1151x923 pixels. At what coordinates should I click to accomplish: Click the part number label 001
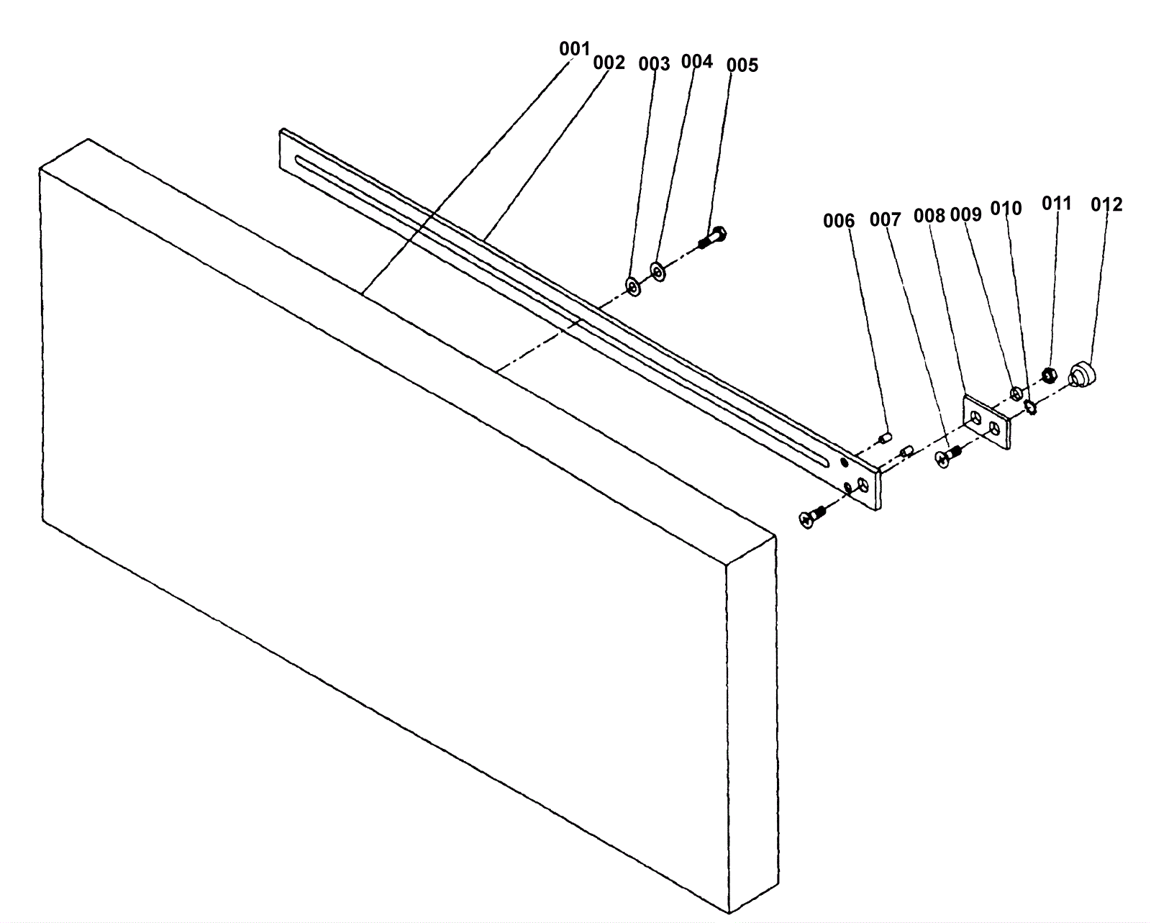point(574,49)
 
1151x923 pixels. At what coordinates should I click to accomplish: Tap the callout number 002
point(609,63)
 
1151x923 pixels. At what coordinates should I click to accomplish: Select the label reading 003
point(654,64)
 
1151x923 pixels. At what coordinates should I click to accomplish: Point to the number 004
point(696,61)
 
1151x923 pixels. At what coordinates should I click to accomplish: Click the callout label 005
point(742,65)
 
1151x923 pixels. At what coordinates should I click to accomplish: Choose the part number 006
point(839,221)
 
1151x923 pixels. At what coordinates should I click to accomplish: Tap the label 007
point(885,219)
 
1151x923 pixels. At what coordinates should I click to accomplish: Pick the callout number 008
point(929,215)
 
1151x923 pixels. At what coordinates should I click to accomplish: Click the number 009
point(965,214)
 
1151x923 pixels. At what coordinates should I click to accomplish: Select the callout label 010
point(1006,209)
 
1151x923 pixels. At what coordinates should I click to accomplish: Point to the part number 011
point(1057,204)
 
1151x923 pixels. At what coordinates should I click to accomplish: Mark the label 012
point(1106,205)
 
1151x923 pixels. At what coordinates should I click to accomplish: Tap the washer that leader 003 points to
point(633,286)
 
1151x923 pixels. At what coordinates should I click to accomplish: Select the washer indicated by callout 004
point(658,271)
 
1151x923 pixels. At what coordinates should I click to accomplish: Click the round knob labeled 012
point(1081,375)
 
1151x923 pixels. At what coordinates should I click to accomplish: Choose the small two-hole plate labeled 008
point(986,422)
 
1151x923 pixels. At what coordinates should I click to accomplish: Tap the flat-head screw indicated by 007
point(948,455)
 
